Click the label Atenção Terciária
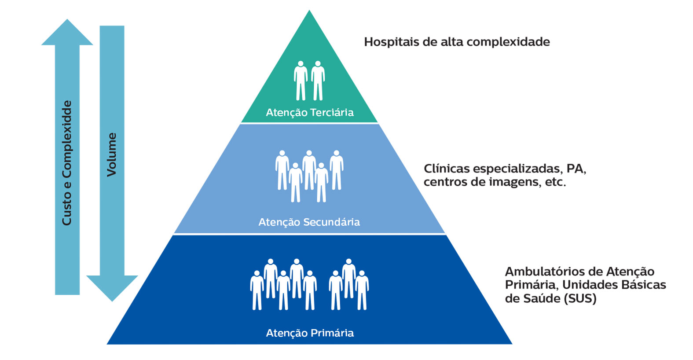pyautogui.click(x=309, y=113)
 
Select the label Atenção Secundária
pyautogui.click(x=309, y=222)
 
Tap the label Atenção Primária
pyautogui.click(x=310, y=333)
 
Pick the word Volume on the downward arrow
pyautogui.click(x=112, y=154)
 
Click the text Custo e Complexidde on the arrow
pyautogui.click(x=67, y=163)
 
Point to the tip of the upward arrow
pyautogui.click(x=67, y=21)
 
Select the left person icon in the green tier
pyautogui.click(x=301, y=81)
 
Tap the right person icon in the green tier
pyautogui.click(x=318, y=81)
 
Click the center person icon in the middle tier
pyautogui.click(x=309, y=169)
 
